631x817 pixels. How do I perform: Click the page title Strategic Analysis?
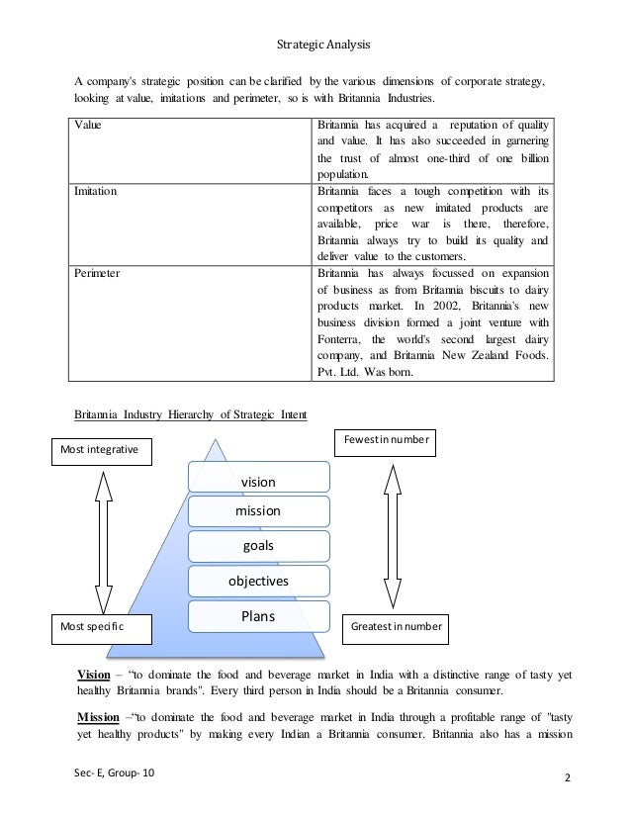tap(315, 44)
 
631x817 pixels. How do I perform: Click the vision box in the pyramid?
tap(258, 481)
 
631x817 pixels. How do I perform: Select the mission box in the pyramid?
tap(258, 511)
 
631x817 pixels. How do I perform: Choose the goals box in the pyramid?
tap(258, 546)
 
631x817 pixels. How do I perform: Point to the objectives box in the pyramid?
tap(258, 582)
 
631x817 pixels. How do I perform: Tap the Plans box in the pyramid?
tap(258, 617)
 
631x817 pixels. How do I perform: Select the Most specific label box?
tap(99, 627)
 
